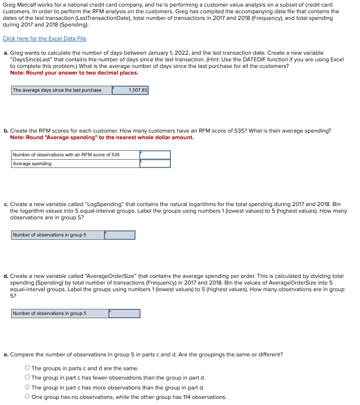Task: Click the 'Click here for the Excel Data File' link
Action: point(44,38)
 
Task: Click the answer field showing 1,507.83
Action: point(130,90)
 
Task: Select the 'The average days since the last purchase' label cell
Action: point(61,90)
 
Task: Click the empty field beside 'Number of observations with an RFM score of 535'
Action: point(155,155)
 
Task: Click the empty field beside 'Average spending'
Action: point(155,164)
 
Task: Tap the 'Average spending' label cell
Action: point(75,164)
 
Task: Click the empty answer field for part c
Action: point(119,235)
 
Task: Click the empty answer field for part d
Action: point(124,313)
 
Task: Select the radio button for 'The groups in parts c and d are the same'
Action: point(27,369)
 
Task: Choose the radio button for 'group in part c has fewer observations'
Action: point(27,378)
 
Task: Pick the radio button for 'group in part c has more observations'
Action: point(27,387)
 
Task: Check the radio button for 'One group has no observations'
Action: point(27,397)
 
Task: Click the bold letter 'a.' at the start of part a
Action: point(6,52)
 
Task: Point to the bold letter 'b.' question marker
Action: point(6,131)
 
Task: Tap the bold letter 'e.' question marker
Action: point(6,354)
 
